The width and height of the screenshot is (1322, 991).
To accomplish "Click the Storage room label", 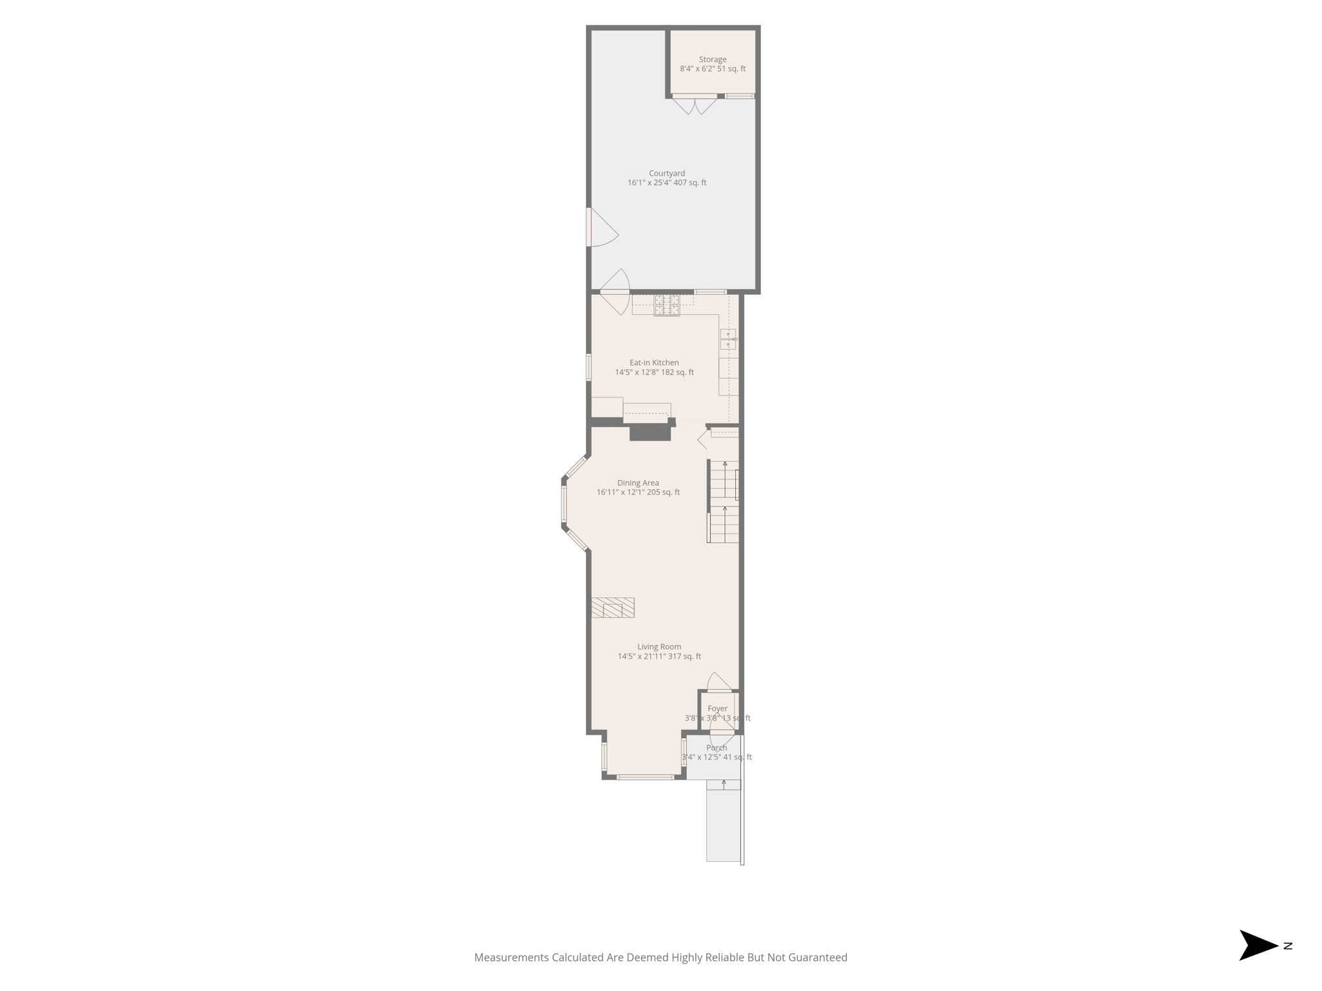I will point(712,59).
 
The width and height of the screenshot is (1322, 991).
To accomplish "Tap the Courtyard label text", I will point(667,174).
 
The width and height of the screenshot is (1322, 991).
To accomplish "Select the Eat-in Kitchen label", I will point(654,363).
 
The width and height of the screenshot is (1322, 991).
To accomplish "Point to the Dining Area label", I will point(638,483).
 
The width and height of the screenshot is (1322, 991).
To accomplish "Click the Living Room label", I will point(659,646).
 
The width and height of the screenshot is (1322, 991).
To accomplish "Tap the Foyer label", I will point(717,708).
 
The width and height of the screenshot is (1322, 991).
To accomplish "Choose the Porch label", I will point(717,748).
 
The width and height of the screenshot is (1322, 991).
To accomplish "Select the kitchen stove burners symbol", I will point(667,305).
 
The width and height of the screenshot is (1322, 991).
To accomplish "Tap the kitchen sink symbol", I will point(728,339).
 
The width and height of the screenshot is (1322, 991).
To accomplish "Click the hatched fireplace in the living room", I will point(613,608).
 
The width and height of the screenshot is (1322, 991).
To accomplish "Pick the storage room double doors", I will point(695,105).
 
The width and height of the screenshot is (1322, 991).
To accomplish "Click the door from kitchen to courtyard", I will point(615,292).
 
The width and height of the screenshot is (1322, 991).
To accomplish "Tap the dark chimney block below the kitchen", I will point(650,432).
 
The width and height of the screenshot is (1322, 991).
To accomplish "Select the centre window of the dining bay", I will point(564,504).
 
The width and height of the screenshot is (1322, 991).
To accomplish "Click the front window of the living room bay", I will point(645,777).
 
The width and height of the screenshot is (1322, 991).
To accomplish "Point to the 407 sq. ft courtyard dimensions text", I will point(667,183).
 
